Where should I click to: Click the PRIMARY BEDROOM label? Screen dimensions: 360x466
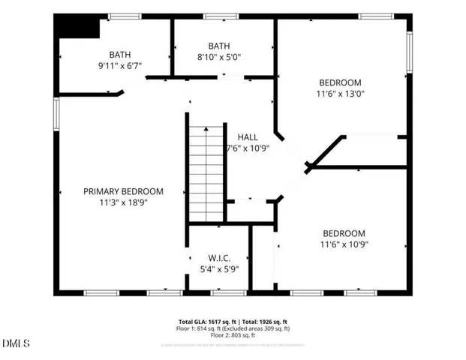(122, 191)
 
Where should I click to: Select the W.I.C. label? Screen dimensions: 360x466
(219, 258)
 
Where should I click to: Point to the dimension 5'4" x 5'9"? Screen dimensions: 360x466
(219, 268)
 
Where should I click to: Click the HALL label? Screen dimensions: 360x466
(248, 137)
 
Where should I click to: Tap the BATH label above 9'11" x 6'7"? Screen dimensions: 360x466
(120, 54)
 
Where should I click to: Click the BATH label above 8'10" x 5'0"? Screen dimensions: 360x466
(218, 44)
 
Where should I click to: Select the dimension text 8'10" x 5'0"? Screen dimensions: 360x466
(218, 55)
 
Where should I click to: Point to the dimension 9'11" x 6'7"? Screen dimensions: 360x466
(120, 65)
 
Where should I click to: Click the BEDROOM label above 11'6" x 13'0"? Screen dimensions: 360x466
(341, 82)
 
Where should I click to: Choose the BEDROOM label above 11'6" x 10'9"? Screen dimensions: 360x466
(344, 233)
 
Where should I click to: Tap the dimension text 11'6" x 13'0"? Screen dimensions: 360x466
(341, 94)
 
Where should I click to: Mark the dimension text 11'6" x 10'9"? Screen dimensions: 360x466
(344, 244)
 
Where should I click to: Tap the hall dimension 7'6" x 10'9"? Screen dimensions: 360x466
(248, 148)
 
